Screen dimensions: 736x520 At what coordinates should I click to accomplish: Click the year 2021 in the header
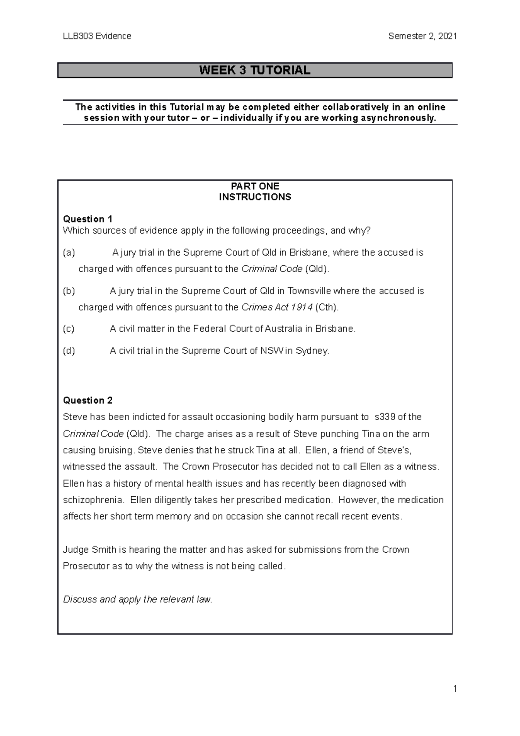(x=447, y=36)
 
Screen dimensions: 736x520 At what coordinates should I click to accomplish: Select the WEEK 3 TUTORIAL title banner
(x=255, y=70)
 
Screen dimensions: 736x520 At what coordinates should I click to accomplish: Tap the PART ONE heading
(x=255, y=186)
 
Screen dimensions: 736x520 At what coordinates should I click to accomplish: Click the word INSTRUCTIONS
(x=255, y=197)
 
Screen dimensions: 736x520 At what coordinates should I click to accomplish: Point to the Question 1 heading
(x=88, y=219)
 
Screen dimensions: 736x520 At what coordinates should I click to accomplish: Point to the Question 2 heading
(x=88, y=400)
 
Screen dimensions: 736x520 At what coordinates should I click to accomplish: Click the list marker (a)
(x=69, y=253)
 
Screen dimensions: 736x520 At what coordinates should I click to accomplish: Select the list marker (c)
(x=68, y=329)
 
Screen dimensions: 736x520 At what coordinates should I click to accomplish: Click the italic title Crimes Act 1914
(x=277, y=307)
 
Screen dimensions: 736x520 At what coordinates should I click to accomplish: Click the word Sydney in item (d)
(x=312, y=351)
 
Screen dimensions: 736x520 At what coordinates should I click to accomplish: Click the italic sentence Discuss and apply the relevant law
(x=138, y=599)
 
